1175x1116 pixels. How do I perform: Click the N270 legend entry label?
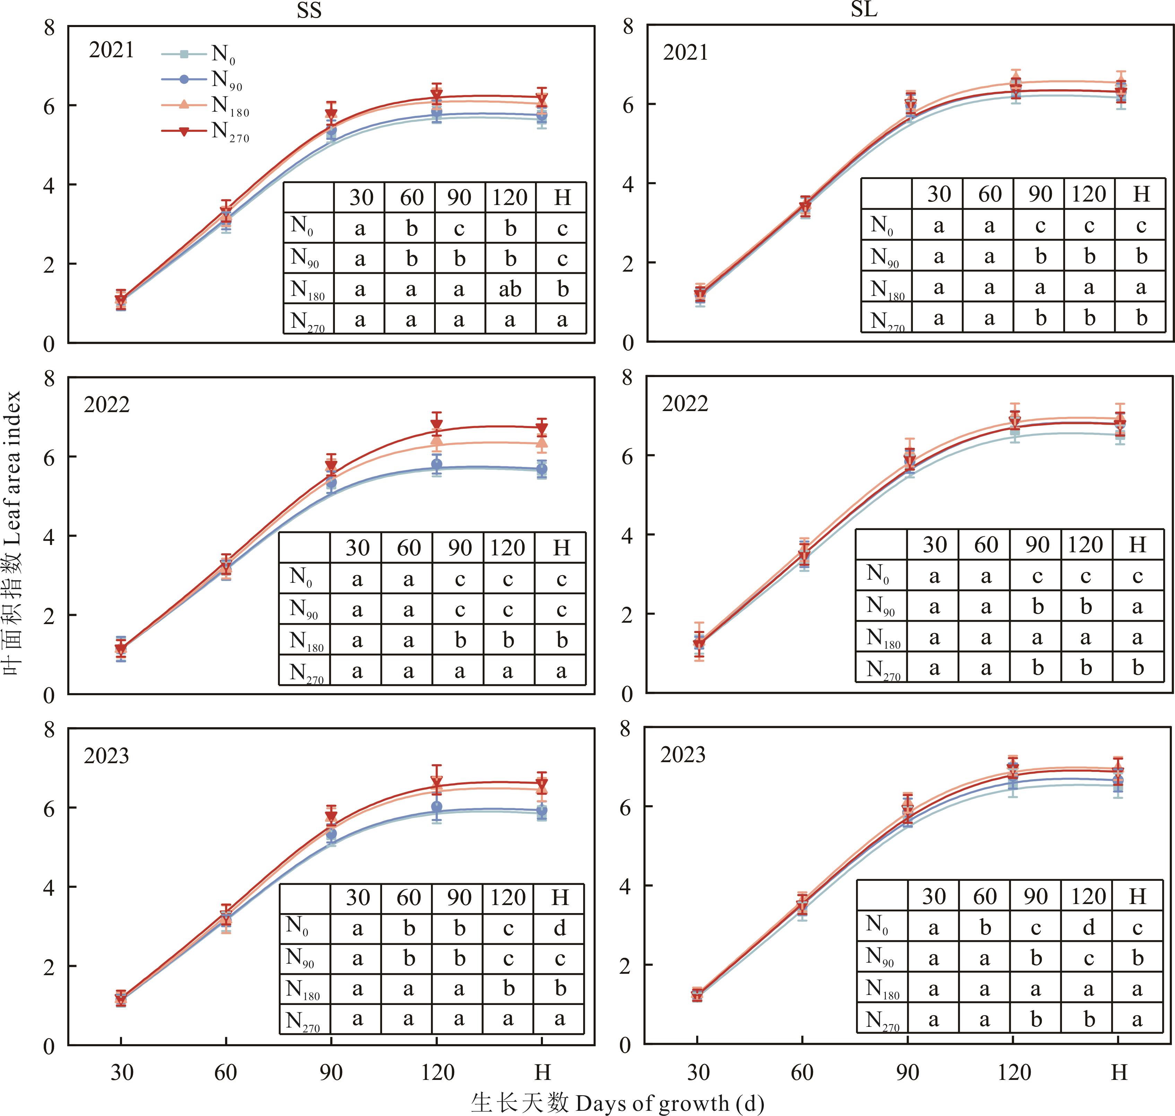click(230, 131)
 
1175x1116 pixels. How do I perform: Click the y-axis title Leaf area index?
click(13, 533)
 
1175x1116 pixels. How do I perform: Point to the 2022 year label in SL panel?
click(685, 404)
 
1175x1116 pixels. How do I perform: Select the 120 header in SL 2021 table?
click(1088, 194)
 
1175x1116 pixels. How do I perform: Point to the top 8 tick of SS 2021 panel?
click(49, 27)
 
